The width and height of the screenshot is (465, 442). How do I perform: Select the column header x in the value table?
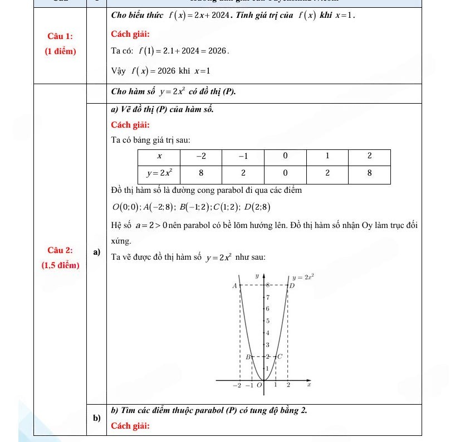click(x=160, y=156)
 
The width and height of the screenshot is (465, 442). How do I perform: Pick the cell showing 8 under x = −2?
click(x=200, y=173)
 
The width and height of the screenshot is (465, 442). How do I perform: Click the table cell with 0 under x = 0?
click(x=285, y=173)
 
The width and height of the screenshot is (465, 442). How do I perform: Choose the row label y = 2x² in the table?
click(x=159, y=173)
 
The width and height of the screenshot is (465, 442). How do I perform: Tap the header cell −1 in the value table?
click(x=243, y=156)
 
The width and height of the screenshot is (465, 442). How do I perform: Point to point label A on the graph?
click(x=234, y=285)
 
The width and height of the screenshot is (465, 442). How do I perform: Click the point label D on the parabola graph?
click(x=291, y=285)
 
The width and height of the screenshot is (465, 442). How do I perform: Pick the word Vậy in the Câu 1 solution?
click(x=118, y=71)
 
